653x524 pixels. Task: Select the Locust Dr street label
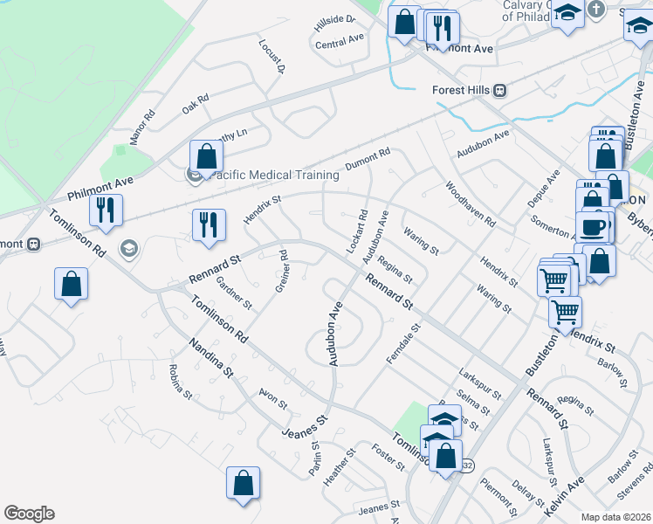click(272, 54)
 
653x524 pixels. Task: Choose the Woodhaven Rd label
click(470, 204)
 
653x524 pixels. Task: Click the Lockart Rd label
click(356, 231)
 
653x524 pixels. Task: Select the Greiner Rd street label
click(282, 272)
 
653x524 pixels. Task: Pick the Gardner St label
click(234, 293)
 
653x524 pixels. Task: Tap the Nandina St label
click(211, 358)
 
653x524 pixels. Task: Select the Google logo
click(29, 514)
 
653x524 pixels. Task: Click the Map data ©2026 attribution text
click(615, 517)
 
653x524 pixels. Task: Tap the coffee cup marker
click(593, 225)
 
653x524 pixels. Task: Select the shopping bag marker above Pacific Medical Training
click(207, 157)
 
